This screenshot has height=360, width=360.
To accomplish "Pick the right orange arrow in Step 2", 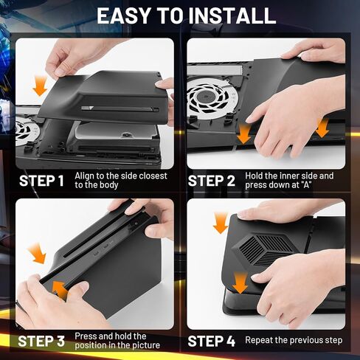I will tap(321, 127).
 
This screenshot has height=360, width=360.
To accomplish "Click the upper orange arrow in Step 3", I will tap(35, 255).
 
